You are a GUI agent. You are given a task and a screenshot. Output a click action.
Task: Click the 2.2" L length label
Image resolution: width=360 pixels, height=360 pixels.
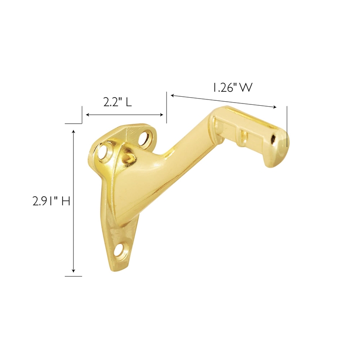tap(117, 102)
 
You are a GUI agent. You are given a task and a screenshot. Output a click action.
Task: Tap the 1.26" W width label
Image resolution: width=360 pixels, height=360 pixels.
tap(232, 88)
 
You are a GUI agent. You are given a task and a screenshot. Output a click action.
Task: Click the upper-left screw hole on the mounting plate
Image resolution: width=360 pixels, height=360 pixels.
tap(106, 152)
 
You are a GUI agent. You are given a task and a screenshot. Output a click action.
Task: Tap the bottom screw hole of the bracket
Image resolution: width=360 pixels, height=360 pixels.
tap(121, 250)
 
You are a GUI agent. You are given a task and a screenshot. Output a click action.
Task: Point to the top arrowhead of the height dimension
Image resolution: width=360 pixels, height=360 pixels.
tap(74, 131)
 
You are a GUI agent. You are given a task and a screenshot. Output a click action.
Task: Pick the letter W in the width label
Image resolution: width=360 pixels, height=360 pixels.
tap(246, 88)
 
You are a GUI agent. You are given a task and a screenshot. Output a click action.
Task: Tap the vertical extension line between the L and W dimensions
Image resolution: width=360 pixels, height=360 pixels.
tap(166, 108)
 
